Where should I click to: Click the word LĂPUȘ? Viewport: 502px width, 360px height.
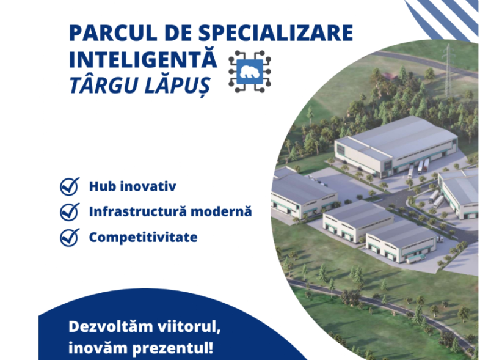177,86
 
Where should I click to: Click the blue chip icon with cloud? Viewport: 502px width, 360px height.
250,72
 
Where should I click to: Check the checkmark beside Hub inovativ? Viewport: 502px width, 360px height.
70,186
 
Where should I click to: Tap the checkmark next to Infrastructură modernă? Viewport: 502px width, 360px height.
70,211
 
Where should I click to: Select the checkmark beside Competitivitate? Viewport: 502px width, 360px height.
70,237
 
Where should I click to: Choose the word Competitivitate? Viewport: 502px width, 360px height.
143,237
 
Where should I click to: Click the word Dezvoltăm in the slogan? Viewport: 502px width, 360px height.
111,327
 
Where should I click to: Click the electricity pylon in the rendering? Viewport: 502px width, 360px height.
448,70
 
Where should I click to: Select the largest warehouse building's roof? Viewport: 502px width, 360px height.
400,136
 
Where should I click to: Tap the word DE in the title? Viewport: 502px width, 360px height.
178,32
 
